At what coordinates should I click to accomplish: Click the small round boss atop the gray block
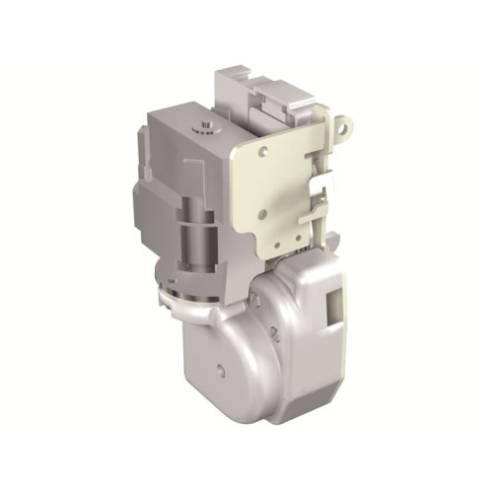(x=206, y=127)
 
